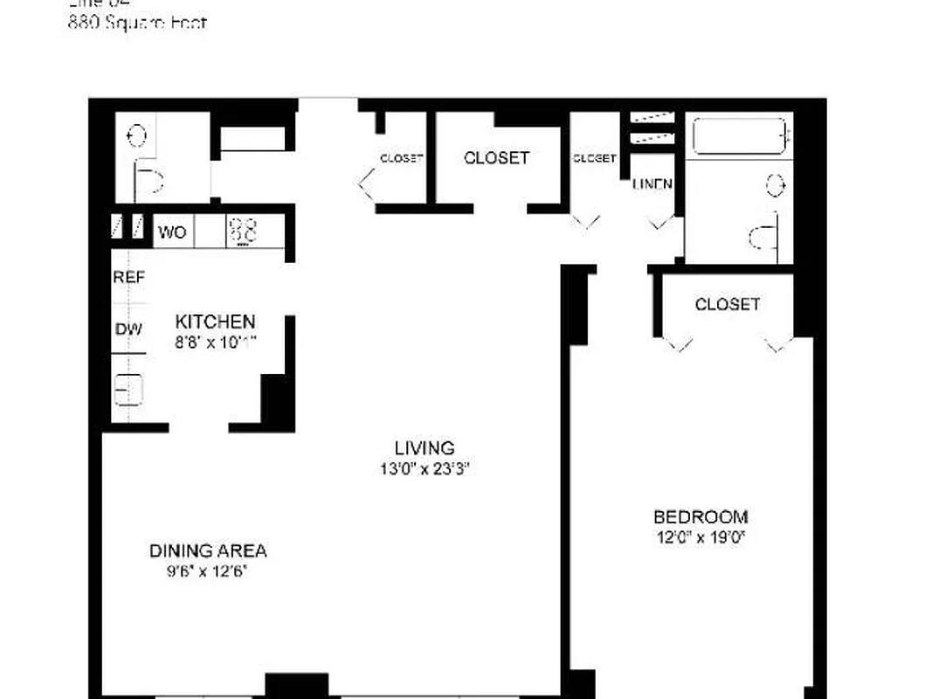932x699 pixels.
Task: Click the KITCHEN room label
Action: pyautogui.click(x=215, y=321)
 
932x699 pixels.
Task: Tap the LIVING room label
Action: pyautogui.click(x=425, y=448)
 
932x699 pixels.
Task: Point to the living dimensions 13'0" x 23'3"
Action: pyautogui.click(x=425, y=468)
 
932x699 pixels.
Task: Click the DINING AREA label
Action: pyautogui.click(x=208, y=551)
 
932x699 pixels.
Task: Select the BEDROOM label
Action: pyautogui.click(x=701, y=516)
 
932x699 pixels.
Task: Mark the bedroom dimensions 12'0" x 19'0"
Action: pyautogui.click(x=701, y=536)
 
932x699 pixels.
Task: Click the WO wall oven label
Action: pyautogui.click(x=172, y=233)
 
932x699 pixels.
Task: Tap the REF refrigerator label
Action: pyautogui.click(x=128, y=277)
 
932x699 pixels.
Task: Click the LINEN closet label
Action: pyautogui.click(x=652, y=184)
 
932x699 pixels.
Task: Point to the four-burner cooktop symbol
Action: pyautogui.click(x=244, y=232)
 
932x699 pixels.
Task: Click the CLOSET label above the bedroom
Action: pyautogui.click(x=727, y=304)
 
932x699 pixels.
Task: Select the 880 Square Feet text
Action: pyautogui.click(x=137, y=23)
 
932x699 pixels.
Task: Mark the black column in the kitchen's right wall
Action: pyautogui.click(x=276, y=401)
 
